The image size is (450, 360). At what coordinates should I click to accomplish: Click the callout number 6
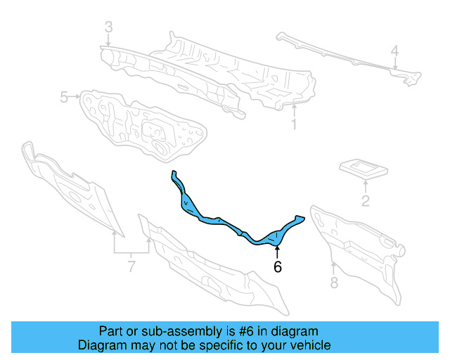coord(277,267)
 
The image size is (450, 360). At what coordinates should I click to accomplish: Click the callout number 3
coord(108,27)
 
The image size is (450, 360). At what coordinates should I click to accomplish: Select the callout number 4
coord(394,50)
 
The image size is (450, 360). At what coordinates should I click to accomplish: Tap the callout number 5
coord(63,97)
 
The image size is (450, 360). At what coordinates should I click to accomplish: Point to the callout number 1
coord(294,125)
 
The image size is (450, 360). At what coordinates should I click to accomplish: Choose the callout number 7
coord(131,266)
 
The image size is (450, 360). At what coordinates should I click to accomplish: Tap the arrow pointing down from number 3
coord(108,41)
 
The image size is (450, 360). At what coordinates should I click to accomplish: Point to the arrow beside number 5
coord(75,97)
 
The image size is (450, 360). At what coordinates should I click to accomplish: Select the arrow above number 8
coord(333,268)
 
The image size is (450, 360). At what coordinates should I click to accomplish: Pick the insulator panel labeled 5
coord(144,123)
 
